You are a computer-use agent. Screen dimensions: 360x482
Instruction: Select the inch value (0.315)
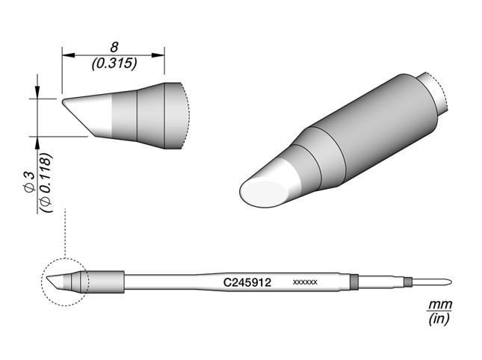(113, 64)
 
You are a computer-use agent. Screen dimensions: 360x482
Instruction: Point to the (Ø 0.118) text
(46, 183)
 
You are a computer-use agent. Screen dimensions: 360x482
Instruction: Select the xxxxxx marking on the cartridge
(306, 283)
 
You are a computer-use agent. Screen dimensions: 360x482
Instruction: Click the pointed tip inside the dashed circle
(50, 279)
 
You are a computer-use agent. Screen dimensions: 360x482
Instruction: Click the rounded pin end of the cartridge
(446, 282)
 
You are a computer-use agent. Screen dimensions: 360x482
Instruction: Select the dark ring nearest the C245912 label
(354, 282)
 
